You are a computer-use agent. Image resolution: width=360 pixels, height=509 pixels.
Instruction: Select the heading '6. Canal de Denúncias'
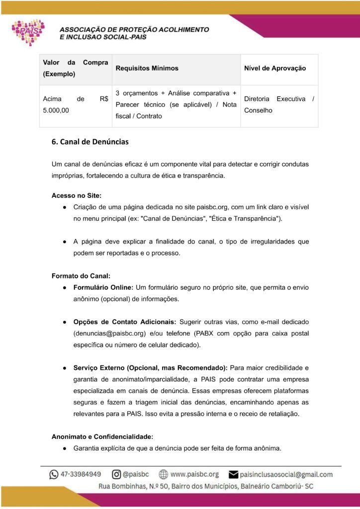point(90,142)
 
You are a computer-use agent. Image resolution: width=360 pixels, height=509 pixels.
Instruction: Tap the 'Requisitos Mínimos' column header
point(147,68)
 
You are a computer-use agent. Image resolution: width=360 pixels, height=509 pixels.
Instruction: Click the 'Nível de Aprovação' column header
point(274,68)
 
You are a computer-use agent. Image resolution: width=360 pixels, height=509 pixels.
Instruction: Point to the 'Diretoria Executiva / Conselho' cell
point(278,104)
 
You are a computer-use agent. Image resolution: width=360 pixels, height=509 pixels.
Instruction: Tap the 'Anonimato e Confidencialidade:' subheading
point(102,436)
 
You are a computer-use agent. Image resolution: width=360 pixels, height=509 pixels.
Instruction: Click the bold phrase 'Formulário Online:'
point(103,287)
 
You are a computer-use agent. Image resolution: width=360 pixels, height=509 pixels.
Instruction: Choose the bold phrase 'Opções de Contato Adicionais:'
point(125,321)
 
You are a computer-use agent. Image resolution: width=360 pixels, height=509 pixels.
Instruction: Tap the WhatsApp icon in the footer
point(54,475)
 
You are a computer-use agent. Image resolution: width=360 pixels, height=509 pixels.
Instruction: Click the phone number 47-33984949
point(81,475)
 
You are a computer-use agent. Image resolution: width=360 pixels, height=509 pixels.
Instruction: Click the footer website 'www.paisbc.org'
point(194,475)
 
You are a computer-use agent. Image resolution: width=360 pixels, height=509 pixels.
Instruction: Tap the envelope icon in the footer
point(232,475)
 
